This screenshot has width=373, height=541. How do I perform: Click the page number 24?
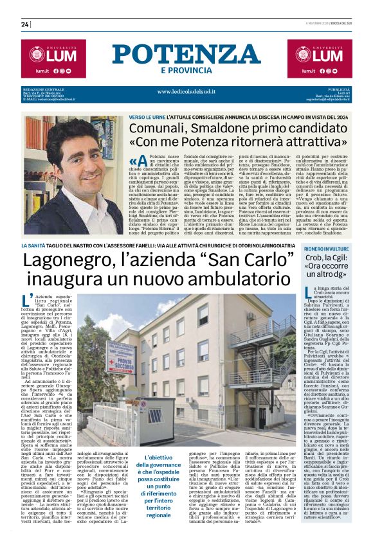point(25,24)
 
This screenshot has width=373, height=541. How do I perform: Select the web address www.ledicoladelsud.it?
point(186,92)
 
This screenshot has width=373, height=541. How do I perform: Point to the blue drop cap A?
point(134,161)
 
